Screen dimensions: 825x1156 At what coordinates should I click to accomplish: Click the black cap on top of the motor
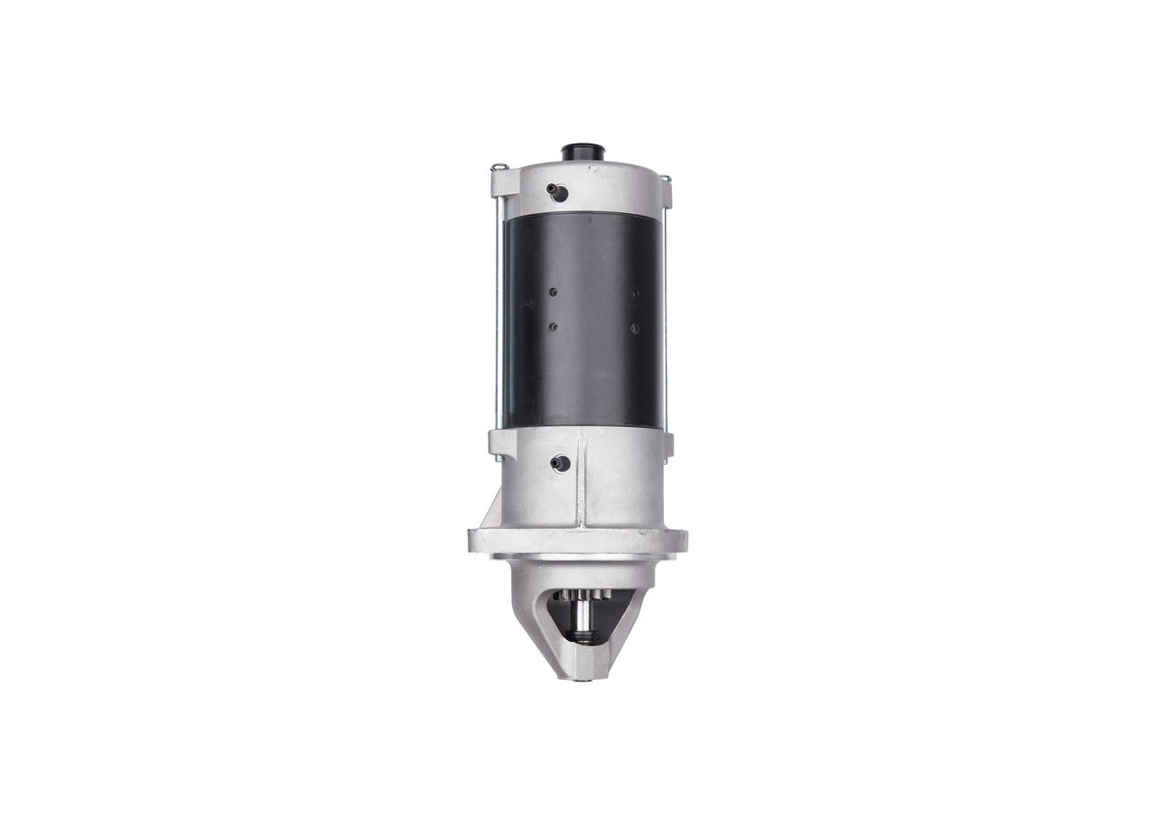pyautogui.click(x=582, y=152)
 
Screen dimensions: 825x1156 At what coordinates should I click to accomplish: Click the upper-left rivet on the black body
pyautogui.click(x=552, y=292)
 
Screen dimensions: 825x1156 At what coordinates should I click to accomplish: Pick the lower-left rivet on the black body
pyautogui.click(x=553, y=327)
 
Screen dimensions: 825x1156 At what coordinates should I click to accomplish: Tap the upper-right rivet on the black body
pyautogui.click(x=635, y=292)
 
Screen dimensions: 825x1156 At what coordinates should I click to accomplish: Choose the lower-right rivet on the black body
pyautogui.click(x=635, y=329)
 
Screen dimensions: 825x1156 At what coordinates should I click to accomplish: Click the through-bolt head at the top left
pyautogui.click(x=498, y=166)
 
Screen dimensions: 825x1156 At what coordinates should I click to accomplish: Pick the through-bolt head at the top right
pyautogui.click(x=666, y=178)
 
